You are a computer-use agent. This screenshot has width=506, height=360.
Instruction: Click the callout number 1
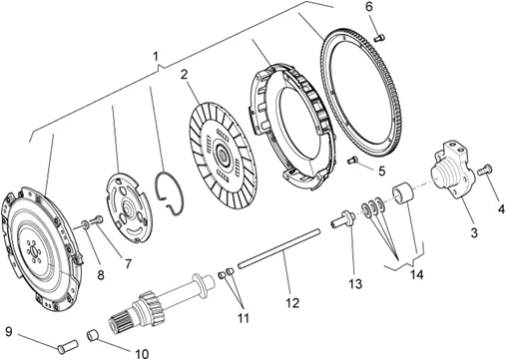pos(156,57)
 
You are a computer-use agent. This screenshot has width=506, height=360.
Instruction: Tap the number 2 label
pos(185,75)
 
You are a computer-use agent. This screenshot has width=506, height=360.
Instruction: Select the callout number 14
pos(416,275)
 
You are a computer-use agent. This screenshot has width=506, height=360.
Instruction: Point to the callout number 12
pos(292,303)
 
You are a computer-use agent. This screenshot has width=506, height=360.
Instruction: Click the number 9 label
pos(9,331)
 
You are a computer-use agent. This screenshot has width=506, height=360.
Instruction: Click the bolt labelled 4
pos(485,170)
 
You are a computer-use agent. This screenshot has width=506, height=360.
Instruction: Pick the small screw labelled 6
pos(379,38)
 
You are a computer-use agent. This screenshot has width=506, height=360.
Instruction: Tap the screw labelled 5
pos(352,161)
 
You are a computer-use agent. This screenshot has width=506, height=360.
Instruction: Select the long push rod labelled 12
pos(279,246)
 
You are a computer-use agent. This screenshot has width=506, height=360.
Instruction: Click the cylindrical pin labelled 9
pos(68,345)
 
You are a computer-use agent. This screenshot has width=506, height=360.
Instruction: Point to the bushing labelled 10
pos(94,335)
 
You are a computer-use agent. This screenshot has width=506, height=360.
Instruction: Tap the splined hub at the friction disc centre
pos(222,155)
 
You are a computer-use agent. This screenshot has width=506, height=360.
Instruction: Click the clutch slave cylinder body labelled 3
pos(452,171)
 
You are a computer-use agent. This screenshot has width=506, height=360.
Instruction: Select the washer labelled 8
pos(85,224)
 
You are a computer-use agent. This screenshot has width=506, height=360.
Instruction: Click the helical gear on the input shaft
pos(148,302)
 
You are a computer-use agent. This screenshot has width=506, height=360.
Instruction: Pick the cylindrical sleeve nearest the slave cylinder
pos(402,192)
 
